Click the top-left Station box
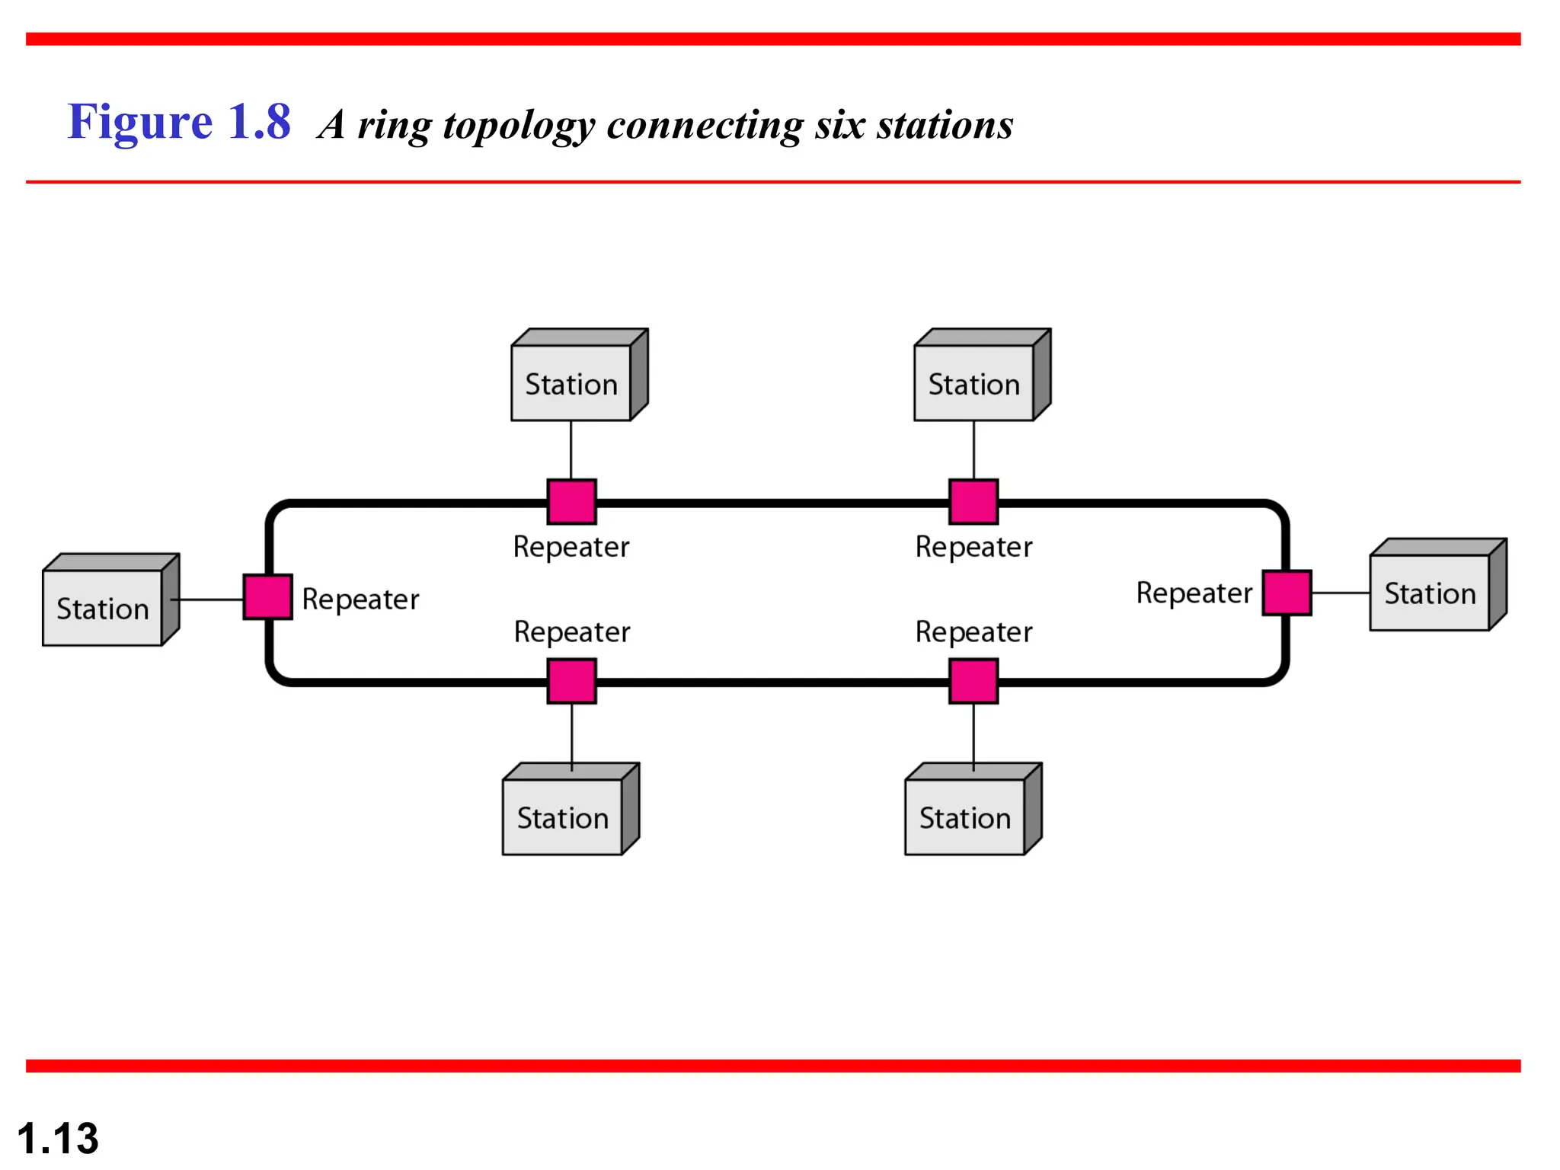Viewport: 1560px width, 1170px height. point(571,382)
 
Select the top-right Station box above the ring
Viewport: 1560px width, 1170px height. point(974,382)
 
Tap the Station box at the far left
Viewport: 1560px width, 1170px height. point(103,607)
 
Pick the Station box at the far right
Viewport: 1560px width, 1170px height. point(1430,592)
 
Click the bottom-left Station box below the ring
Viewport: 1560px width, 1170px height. point(563,817)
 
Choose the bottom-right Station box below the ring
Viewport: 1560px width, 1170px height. point(965,817)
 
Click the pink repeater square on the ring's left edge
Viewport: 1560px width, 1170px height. point(267,597)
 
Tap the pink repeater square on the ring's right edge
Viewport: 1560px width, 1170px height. point(1287,593)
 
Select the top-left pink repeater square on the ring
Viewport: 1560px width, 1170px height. point(572,502)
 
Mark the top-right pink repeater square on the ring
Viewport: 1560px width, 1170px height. point(973,502)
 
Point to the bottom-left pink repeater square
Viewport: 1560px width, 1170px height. point(572,681)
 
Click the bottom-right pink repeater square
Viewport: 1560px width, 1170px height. point(973,681)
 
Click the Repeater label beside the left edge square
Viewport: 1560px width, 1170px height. point(360,599)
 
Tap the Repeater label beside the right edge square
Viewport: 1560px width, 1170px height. point(1194,593)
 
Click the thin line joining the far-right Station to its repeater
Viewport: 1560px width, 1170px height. point(1341,593)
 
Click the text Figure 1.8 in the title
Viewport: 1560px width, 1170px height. point(179,122)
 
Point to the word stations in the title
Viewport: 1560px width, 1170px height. point(945,125)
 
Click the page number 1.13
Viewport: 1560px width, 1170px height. point(58,1139)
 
